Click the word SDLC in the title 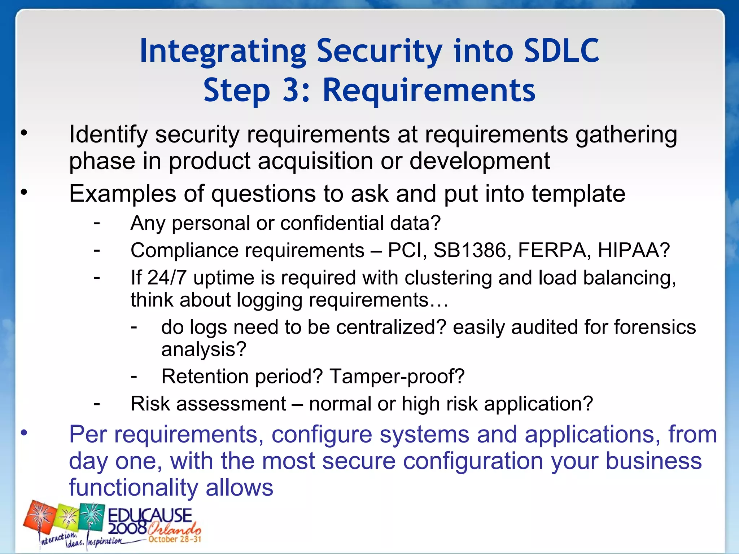[x=561, y=51]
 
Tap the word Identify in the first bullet [x=108, y=135]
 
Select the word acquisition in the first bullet [x=315, y=161]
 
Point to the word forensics [x=655, y=327]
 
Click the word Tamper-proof [x=397, y=377]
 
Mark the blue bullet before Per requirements [x=24, y=433]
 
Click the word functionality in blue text [x=134, y=488]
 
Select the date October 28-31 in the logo [x=175, y=539]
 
